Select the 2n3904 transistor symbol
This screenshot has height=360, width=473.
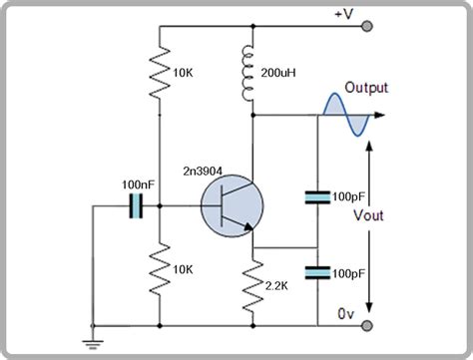[233, 207]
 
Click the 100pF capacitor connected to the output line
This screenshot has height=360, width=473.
[316, 198]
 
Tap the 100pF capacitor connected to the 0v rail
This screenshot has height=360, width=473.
[316, 271]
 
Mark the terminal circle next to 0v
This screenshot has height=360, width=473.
[369, 326]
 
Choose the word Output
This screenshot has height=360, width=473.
[368, 88]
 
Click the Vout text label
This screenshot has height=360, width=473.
[397, 215]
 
